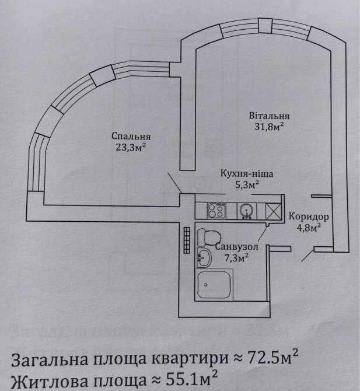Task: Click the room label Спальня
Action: pyautogui.click(x=131, y=137)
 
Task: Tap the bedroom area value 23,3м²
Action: pyautogui.click(x=131, y=148)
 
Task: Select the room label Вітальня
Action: pyautogui.click(x=269, y=116)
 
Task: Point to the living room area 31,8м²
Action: pyautogui.click(x=269, y=127)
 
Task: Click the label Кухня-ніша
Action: pyautogui.click(x=247, y=173)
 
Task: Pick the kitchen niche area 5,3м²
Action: pyautogui.click(x=247, y=184)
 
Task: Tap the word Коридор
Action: pyautogui.click(x=309, y=217)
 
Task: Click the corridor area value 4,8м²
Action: pyautogui.click(x=309, y=228)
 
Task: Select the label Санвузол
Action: pyautogui.click(x=236, y=247)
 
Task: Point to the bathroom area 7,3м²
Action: pyautogui.click(x=236, y=258)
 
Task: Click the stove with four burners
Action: pyautogui.click(x=216, y=211)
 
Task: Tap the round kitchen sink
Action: pyautogui.click(x=247, y=211)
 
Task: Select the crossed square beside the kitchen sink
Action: pyautogui.click(x=274, y=211)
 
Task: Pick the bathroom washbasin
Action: pyautogui.click(x=204, y=257)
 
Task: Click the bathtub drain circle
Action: pyautogui.click(x=206, y=285)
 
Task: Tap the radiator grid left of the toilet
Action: pyautogui.click(x=187, y=240)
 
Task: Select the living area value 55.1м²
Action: pyautogui.click(x=191, y=379)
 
